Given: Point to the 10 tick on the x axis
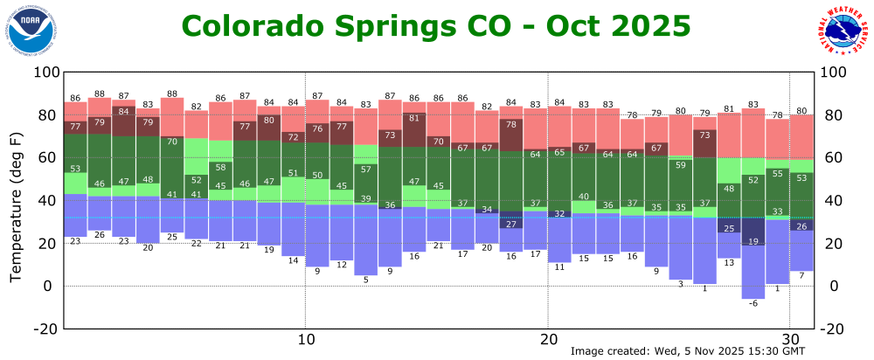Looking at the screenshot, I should click(x=305, y=340).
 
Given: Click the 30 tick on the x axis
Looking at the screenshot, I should click(x=789, y=340).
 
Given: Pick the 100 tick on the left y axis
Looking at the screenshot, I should click(x=44, y=73).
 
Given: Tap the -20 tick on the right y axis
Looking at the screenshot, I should click(x=831, y=329).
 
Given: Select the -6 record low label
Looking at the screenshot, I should click(x=753, y=303).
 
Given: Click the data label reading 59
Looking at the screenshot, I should click(x=680, y=164).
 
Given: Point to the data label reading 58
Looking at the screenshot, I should click(x=221, y=167).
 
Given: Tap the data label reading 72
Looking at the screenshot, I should click(x=293, y=136).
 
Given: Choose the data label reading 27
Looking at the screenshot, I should click(x=510, y=225).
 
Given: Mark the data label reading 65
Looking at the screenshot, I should click(x=559, y=152).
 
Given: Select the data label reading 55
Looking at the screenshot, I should click(x=777, y=174).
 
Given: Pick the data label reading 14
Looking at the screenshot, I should click(x=293, y=260).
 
